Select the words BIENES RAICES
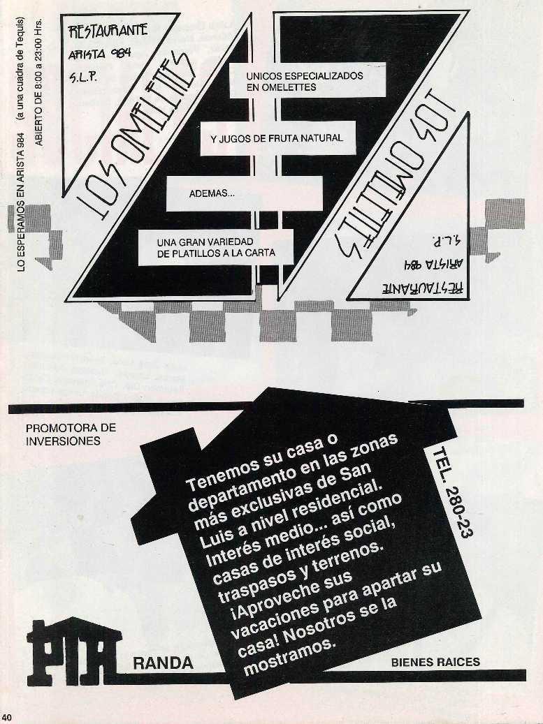coord(435,661)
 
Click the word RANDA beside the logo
coord(163,663)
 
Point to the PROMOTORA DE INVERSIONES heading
coord(70,434)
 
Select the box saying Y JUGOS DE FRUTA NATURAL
coord(277,138)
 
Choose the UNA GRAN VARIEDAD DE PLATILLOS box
coord(216,247)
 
